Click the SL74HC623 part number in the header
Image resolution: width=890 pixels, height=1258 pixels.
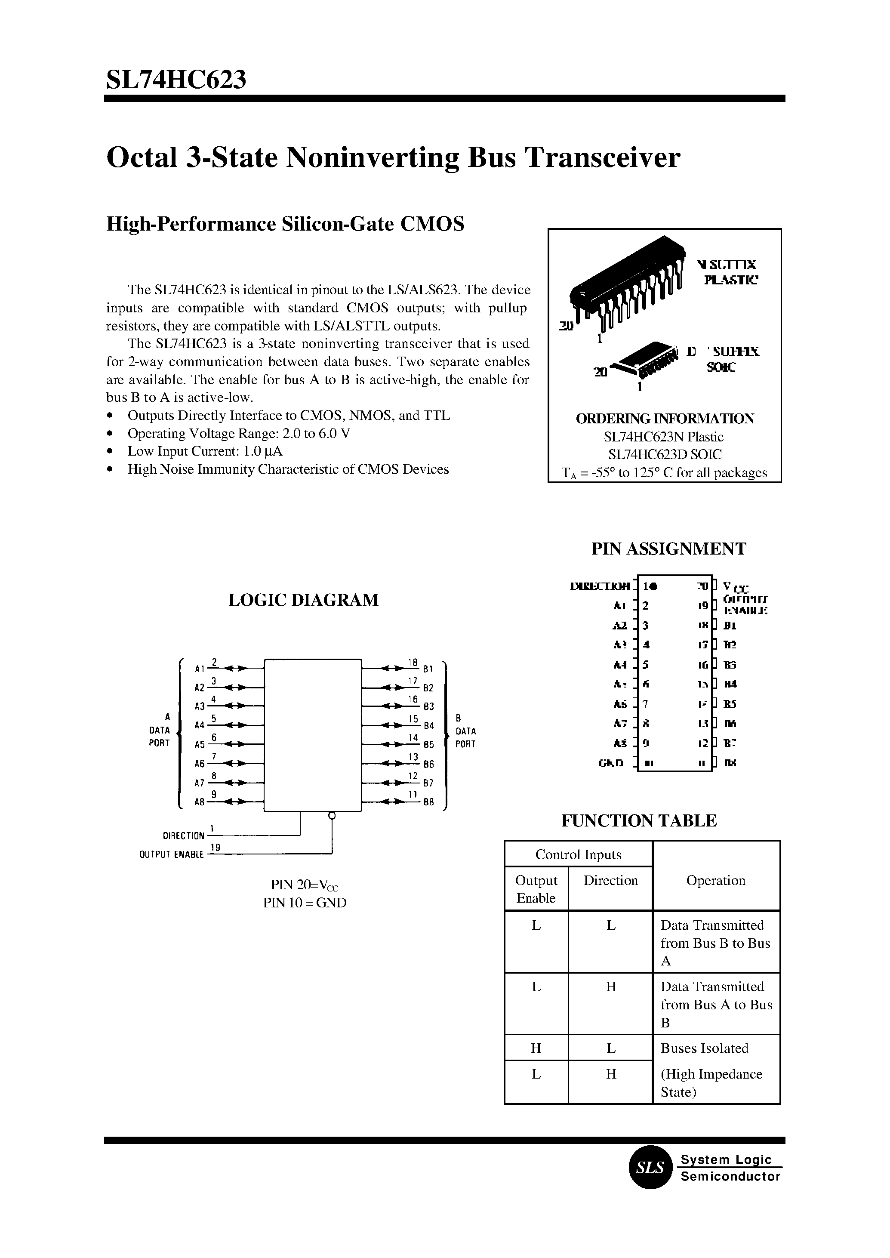pyautogui.click(x=176, y=80)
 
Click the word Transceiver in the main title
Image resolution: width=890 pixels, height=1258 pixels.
pyautogui.click(x=602, y=157)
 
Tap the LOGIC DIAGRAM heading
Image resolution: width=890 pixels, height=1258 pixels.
pyautogui.click(x=303, y=600)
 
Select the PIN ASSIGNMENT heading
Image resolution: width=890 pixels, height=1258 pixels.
pyautogui.click(x=668, y=549)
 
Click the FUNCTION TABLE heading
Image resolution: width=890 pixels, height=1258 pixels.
pyautogui.click(x=639, y=820)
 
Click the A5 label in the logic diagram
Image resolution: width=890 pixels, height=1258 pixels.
pyautogui.click(x=200, y=744)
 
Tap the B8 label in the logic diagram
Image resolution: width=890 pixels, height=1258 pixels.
pyautogui.click(x=428, y=802)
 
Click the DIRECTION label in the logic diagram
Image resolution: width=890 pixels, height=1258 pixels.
pyautogui.click(x=183, y=836)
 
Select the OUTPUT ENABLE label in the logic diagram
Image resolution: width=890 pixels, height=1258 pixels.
pyautogui.click(x=172, y=854)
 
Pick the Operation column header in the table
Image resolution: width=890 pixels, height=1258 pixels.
pyautogui.click(x=716, y=880)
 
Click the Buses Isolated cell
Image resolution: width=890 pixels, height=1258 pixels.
pyautogui.click(x=704, y=1048)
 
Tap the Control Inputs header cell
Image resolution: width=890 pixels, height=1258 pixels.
pyautogui.click(x=578, y=854)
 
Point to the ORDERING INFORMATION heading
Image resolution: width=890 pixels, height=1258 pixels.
pyautogui.click(x=665, y=418)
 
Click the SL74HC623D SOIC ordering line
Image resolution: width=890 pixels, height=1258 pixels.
pyautogui.click(x=665, y=454)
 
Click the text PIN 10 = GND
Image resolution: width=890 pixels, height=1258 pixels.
pyautogui.click(x=305, y=903)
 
